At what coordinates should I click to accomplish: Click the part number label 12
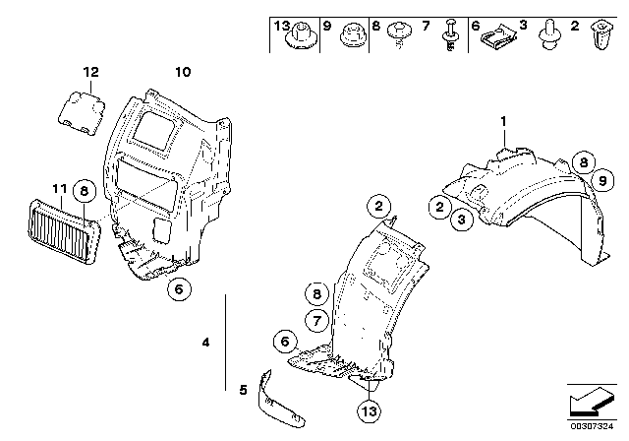[90, 72]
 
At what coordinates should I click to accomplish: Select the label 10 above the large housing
[183, 72]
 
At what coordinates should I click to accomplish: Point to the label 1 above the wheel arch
[503, 120]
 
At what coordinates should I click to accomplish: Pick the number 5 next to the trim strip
[244, 388]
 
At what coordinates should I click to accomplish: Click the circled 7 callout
[315, 318]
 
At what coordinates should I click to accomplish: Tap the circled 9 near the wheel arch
[599, 179]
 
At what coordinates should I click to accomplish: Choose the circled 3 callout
[462, 220]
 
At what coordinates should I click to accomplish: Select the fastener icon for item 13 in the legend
[296, 40]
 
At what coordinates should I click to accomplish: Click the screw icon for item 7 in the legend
[450, 42]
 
